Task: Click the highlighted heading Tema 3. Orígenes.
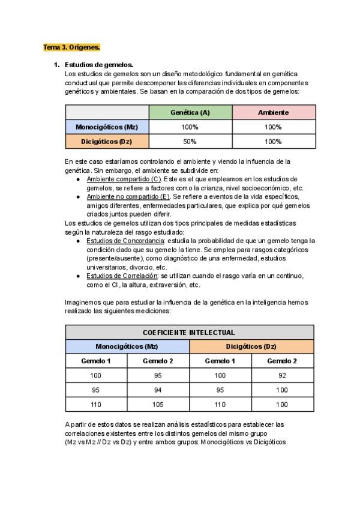67,47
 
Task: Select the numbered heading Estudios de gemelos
98,64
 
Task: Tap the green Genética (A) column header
190,112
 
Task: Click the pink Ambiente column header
273,112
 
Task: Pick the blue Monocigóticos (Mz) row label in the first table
107,127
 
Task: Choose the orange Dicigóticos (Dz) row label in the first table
107,141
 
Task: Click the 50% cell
190,141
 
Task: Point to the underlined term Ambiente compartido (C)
124,179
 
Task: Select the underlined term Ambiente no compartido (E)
128,196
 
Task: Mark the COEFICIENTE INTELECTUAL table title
189,332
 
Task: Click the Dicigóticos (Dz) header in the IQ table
251,346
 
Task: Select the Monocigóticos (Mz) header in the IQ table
127,346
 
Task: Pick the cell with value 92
282,375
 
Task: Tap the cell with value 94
158,390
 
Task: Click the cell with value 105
158,404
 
